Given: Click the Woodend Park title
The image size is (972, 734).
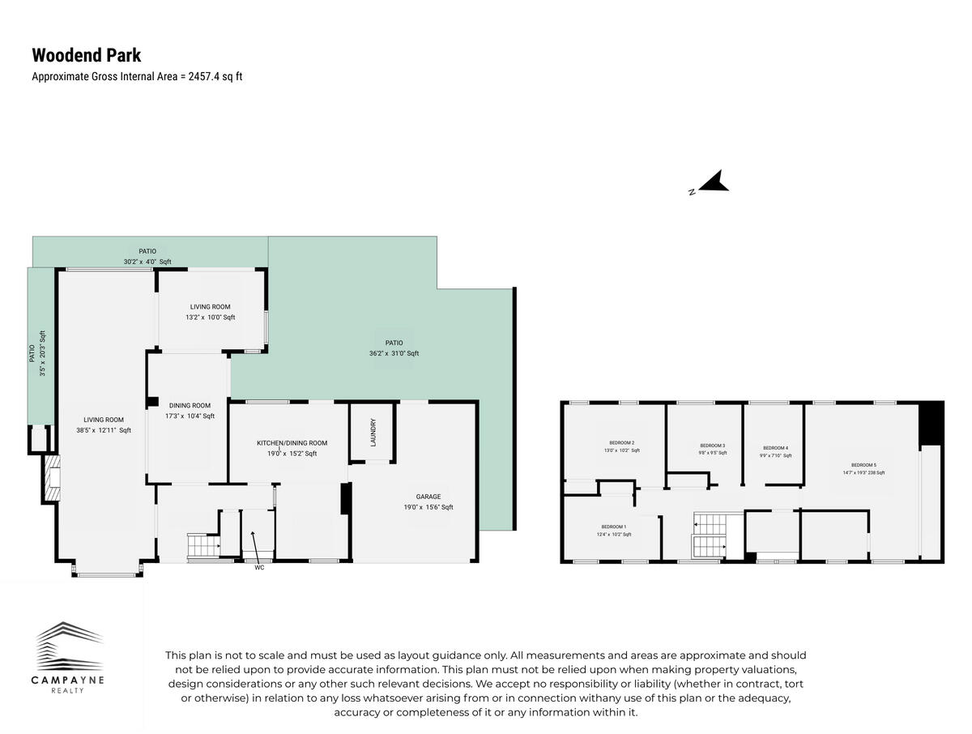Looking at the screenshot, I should [x=86, y=55].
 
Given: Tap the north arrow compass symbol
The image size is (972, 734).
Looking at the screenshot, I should [x=711, y=183].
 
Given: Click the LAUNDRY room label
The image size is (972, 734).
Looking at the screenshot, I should [x=373, y=431].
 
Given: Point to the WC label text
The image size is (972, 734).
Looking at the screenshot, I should [x=259, y=567].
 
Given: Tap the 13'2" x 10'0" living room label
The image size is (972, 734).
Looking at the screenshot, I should [x=211, y=312].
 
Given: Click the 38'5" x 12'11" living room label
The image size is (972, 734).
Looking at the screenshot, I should [x=104, y=425].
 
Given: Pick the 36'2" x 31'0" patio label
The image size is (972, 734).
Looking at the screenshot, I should [x=394, y=348].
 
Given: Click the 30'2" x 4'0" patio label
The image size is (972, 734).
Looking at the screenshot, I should [x=147, y=256].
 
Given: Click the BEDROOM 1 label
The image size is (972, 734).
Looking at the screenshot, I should [x=613, y=530].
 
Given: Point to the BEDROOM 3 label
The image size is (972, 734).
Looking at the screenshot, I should [x=712, y=449].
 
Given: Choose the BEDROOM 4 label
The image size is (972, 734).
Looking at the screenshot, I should [x=775, y=451].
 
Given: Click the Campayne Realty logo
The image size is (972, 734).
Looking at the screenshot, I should [x=69, y=657].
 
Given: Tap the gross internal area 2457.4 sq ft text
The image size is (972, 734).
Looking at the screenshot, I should [x=137, y=77].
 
